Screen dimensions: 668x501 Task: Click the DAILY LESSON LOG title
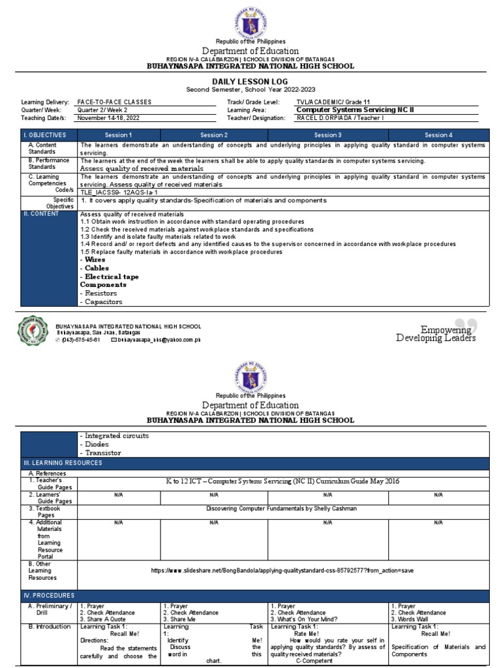click(250, 81)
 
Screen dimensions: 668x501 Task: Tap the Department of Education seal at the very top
click(251, 19)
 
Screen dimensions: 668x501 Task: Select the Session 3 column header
click(328, 134)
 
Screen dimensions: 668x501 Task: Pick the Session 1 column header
click(119, 134)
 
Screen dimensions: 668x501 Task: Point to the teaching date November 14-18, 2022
click(108, 118)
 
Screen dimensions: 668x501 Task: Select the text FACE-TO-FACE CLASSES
click(115, 102)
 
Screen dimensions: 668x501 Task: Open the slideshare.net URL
click(282, 569)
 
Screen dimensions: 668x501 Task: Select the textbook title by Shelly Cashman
click(282, 508)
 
